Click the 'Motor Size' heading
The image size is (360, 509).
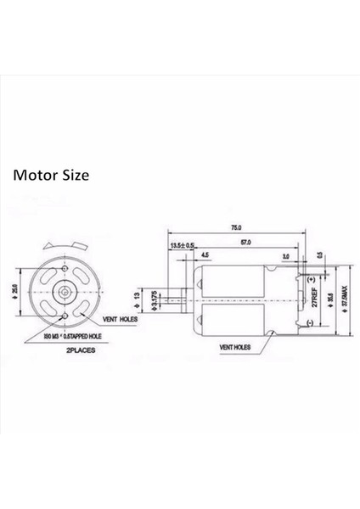49,176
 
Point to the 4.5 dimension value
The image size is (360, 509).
206,254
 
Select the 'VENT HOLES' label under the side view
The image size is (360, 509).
235,348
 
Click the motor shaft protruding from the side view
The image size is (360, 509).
182,299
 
